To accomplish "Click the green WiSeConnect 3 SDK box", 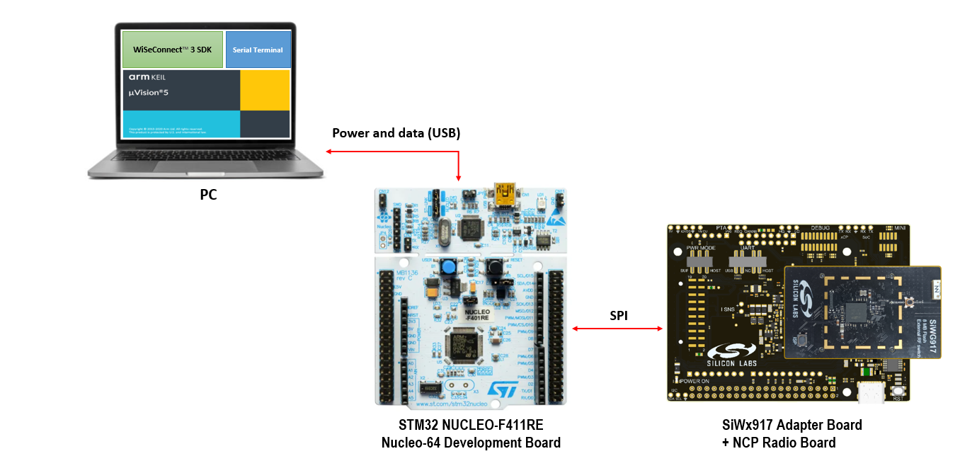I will tap(173, 50).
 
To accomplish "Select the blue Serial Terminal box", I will tap(258, 50).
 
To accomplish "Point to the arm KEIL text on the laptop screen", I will tap(147, 77).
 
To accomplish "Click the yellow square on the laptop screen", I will tap(265, 90).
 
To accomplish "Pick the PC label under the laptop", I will tap(208, 195).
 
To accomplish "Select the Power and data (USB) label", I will tap(396, 133).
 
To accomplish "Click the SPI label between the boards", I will tap(619, 316).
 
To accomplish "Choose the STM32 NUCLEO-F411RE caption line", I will tap(471, 425).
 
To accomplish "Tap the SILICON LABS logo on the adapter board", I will tap(732, 354).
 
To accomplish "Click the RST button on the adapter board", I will tap(899, 392).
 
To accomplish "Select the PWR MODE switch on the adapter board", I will tap(699, 262).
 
